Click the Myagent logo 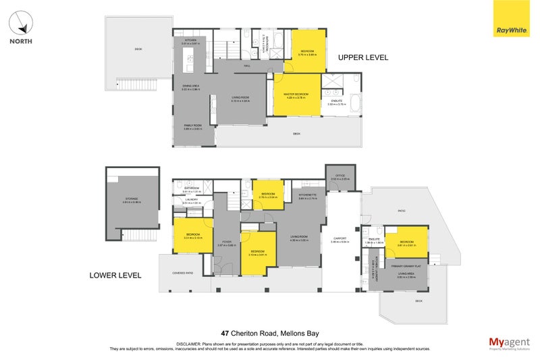509,342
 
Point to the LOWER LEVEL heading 115,275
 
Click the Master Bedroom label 297,94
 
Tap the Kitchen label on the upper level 190,41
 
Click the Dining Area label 190,86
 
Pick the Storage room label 131,199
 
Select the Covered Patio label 183,273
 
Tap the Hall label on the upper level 247,66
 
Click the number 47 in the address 225,333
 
